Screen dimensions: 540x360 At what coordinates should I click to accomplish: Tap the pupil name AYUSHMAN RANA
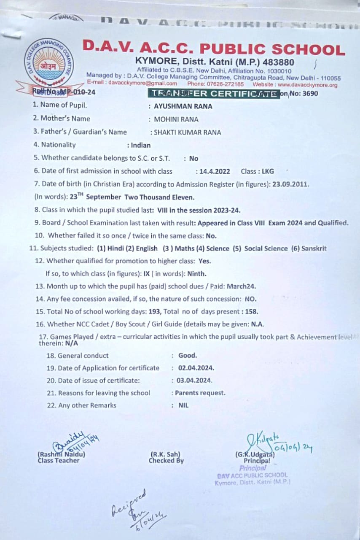pos(183,106)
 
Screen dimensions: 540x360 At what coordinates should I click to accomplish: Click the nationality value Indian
pos(140,145)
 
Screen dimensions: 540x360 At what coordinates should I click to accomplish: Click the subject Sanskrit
pos(313,248)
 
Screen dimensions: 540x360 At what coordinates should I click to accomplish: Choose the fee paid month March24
pos(241,286)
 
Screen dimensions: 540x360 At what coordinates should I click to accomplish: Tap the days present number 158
pos(251,312)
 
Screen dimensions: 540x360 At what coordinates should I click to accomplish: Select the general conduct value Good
pos(188,356)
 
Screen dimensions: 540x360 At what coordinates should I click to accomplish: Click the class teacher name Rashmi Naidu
pos(62,455)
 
